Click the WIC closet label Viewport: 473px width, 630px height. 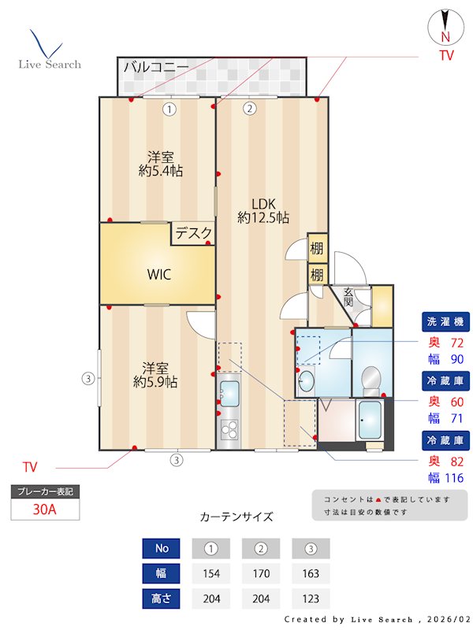pyautogui.click(x=158, y=275)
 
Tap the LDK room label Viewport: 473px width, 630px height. pyautogui.click(x=263, y=209)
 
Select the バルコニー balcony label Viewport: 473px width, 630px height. pyautogui.click(x=155, y=67)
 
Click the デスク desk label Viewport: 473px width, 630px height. pyautogui.click(x=193, y=233)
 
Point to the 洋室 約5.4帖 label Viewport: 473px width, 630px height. pyautogui.click(x=160, y=164)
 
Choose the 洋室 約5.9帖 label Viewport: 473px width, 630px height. pyautogui.click(x=155, y=375)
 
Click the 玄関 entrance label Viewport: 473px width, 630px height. pyautogui.click(x=348, y=297)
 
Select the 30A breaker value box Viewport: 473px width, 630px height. pyautogui.click(x=44, y=509)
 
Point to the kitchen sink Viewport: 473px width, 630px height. pyautogui.click(x=229, y=391)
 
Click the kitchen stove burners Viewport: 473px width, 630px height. pyautogui.click(x=229, y=429)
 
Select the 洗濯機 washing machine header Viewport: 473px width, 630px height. pyautogui.click(x=446, y=322)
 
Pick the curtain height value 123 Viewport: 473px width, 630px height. pyautogui.click(x=311, y=598)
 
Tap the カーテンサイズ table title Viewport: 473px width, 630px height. pyautogui.click(x=236, y=517)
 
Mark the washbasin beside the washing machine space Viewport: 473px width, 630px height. pyautogui.click(x=306, y=383)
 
